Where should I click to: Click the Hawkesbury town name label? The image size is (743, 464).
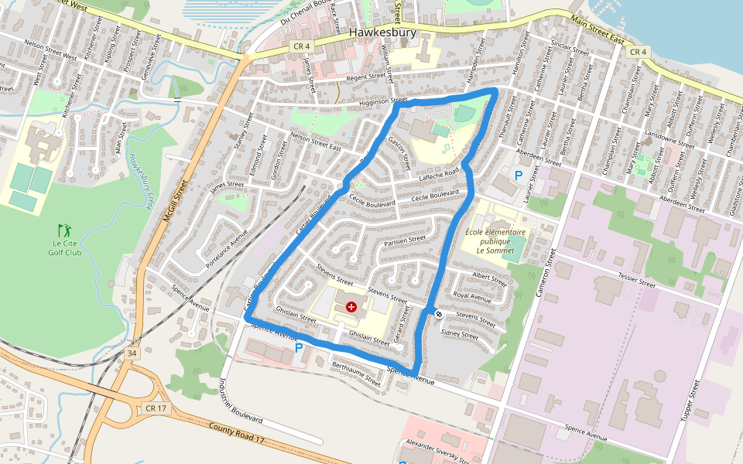382,33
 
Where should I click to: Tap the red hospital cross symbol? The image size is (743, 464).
352,307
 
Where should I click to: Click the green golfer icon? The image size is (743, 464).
63,230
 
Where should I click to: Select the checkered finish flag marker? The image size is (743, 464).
438,313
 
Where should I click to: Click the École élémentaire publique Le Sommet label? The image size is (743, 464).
495,241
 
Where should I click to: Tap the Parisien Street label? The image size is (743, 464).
405,242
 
